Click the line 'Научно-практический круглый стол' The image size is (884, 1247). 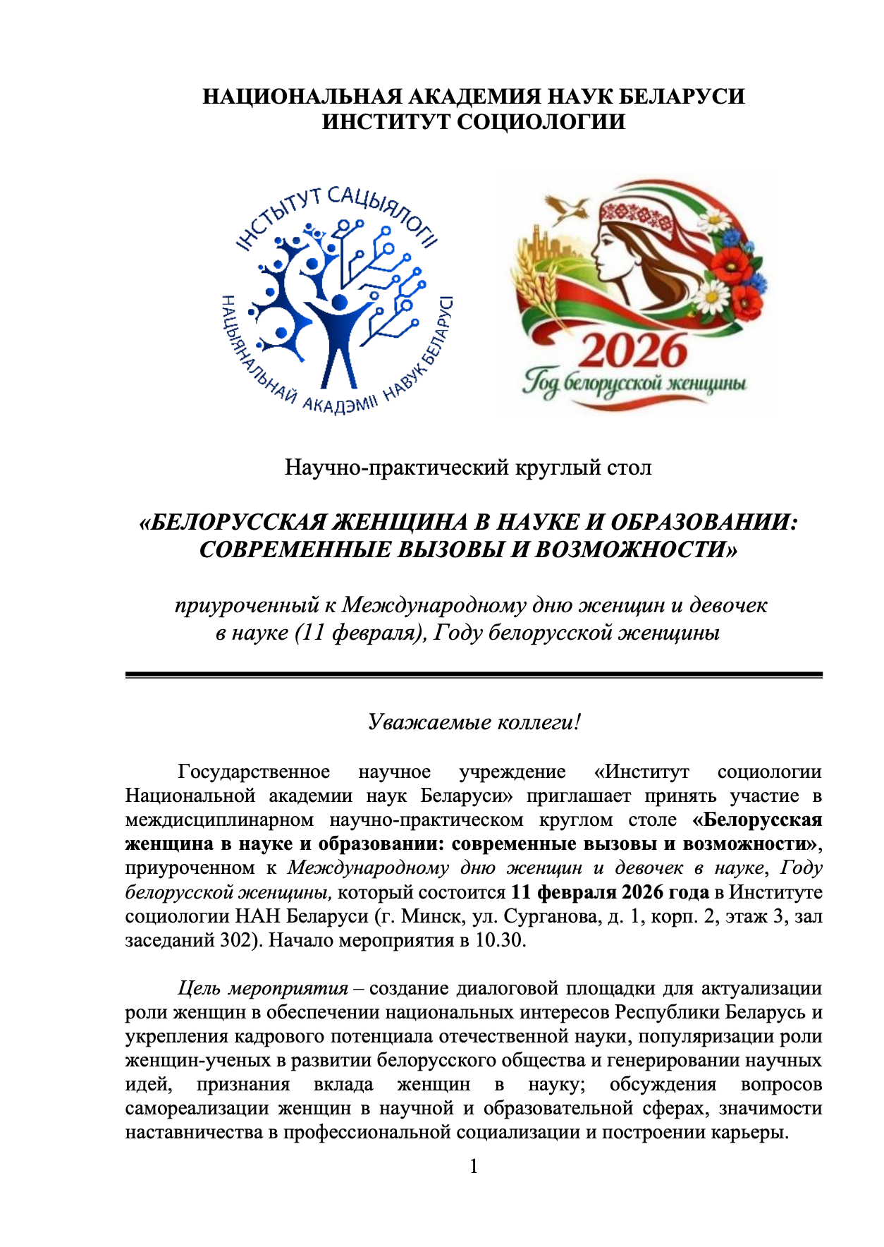tap(468, 467)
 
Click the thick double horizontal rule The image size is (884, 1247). tap(474, 675)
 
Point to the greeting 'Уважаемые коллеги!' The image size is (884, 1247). tap(474, 722)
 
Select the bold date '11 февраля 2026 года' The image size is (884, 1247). tap(610, 892)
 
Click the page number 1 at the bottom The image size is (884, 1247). tap(474, 1166)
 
